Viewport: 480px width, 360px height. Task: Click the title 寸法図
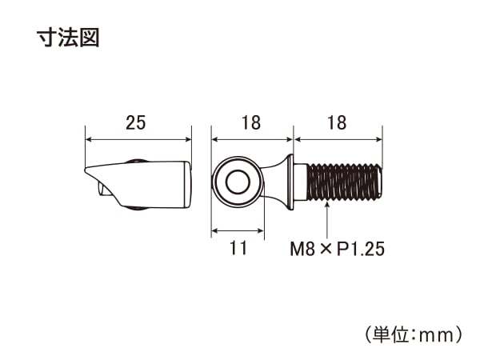pos(68,38)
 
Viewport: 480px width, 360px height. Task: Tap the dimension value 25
pos(136,122)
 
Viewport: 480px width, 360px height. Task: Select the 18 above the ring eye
pos(251,122)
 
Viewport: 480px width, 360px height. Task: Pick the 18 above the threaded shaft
pos(337,122)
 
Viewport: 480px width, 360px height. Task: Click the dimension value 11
pos(238,248)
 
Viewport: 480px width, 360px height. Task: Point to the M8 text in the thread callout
pos(302,249)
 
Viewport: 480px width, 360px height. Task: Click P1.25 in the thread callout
pos(361,249)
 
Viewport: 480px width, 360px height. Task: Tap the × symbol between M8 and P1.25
pos(326,250)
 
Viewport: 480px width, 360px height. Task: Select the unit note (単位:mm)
pos(414,335)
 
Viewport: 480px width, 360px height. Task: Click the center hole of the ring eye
pos(238,182)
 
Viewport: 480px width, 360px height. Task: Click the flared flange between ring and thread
pos(290,182)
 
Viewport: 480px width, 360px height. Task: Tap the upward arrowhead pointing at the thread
pos(327,206)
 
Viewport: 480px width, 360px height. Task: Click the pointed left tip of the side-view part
pos(85,169)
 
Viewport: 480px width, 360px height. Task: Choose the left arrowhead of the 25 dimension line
pos(89,139)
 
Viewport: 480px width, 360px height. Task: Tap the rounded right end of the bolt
pos(379,182)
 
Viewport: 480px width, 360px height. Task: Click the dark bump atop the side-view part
pos(136,161)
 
